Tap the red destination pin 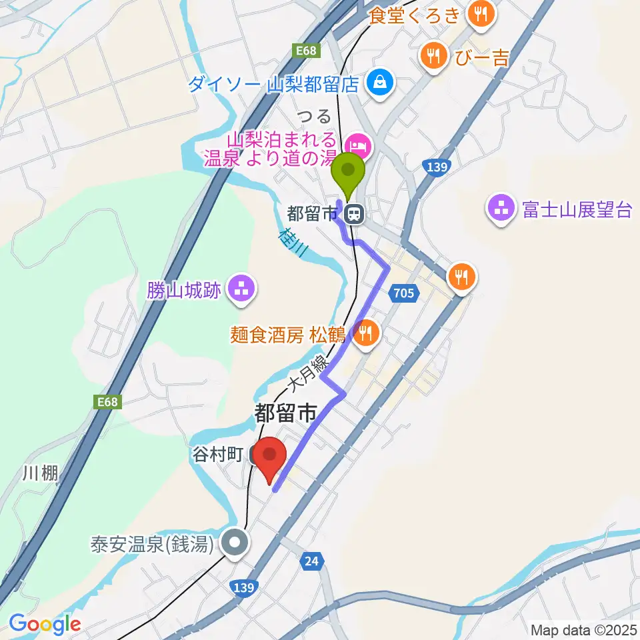[x=270, y=458]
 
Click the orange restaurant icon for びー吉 [x=434, y=56]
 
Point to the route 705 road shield [x=404, y=292]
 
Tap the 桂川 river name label [x=293, y=241]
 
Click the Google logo [x=45, y=624]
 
